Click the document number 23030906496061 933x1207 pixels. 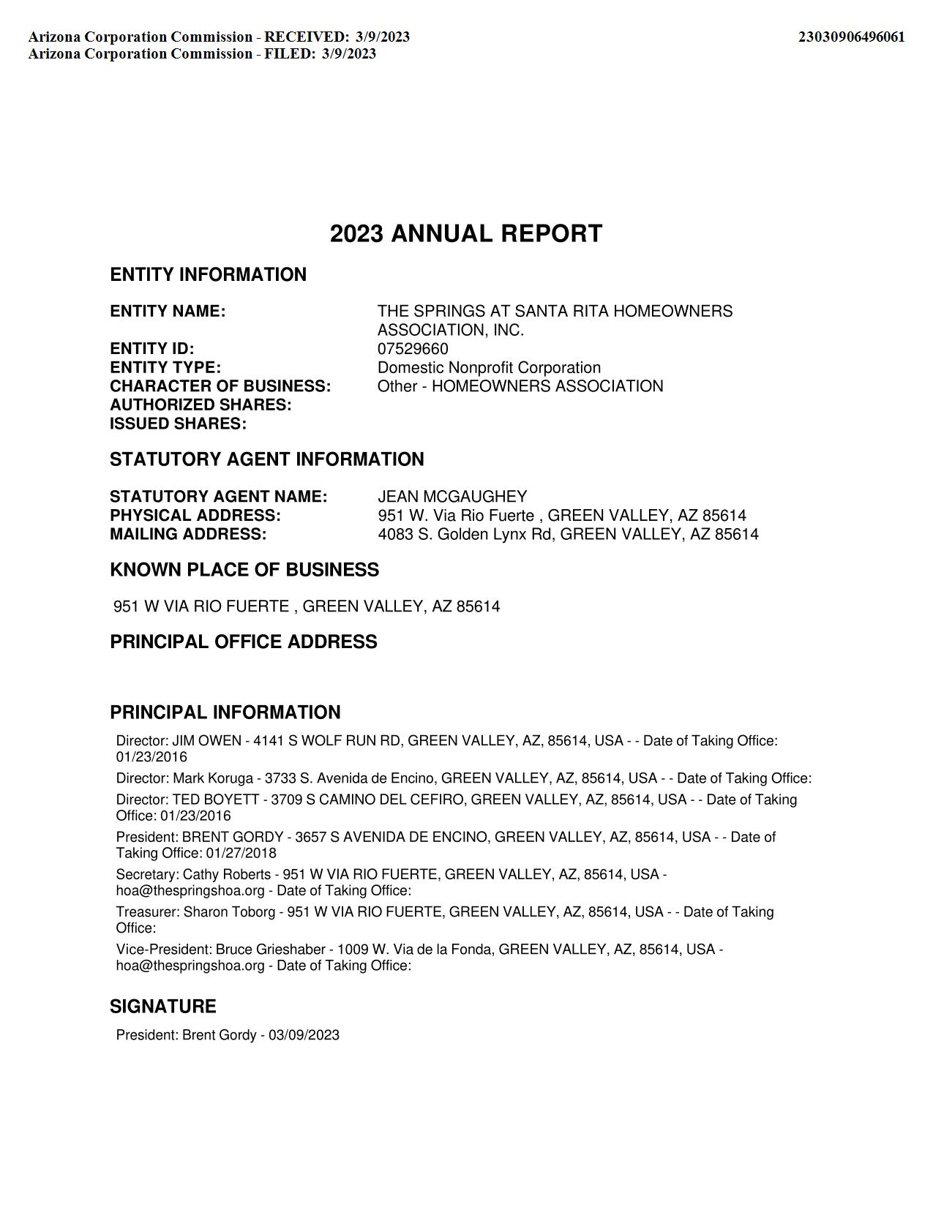851,37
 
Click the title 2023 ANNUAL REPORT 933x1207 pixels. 466,234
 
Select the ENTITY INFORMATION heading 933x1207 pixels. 208,274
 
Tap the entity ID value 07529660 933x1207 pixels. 413,349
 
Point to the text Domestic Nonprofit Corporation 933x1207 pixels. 489,367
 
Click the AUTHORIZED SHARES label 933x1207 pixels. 201,405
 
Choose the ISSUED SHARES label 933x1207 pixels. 178,424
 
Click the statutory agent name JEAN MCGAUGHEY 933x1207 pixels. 452,497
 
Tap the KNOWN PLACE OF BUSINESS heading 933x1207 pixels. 244,570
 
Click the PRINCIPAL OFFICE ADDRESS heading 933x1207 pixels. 244,642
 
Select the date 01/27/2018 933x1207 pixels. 241,853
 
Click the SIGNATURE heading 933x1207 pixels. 162,1007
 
